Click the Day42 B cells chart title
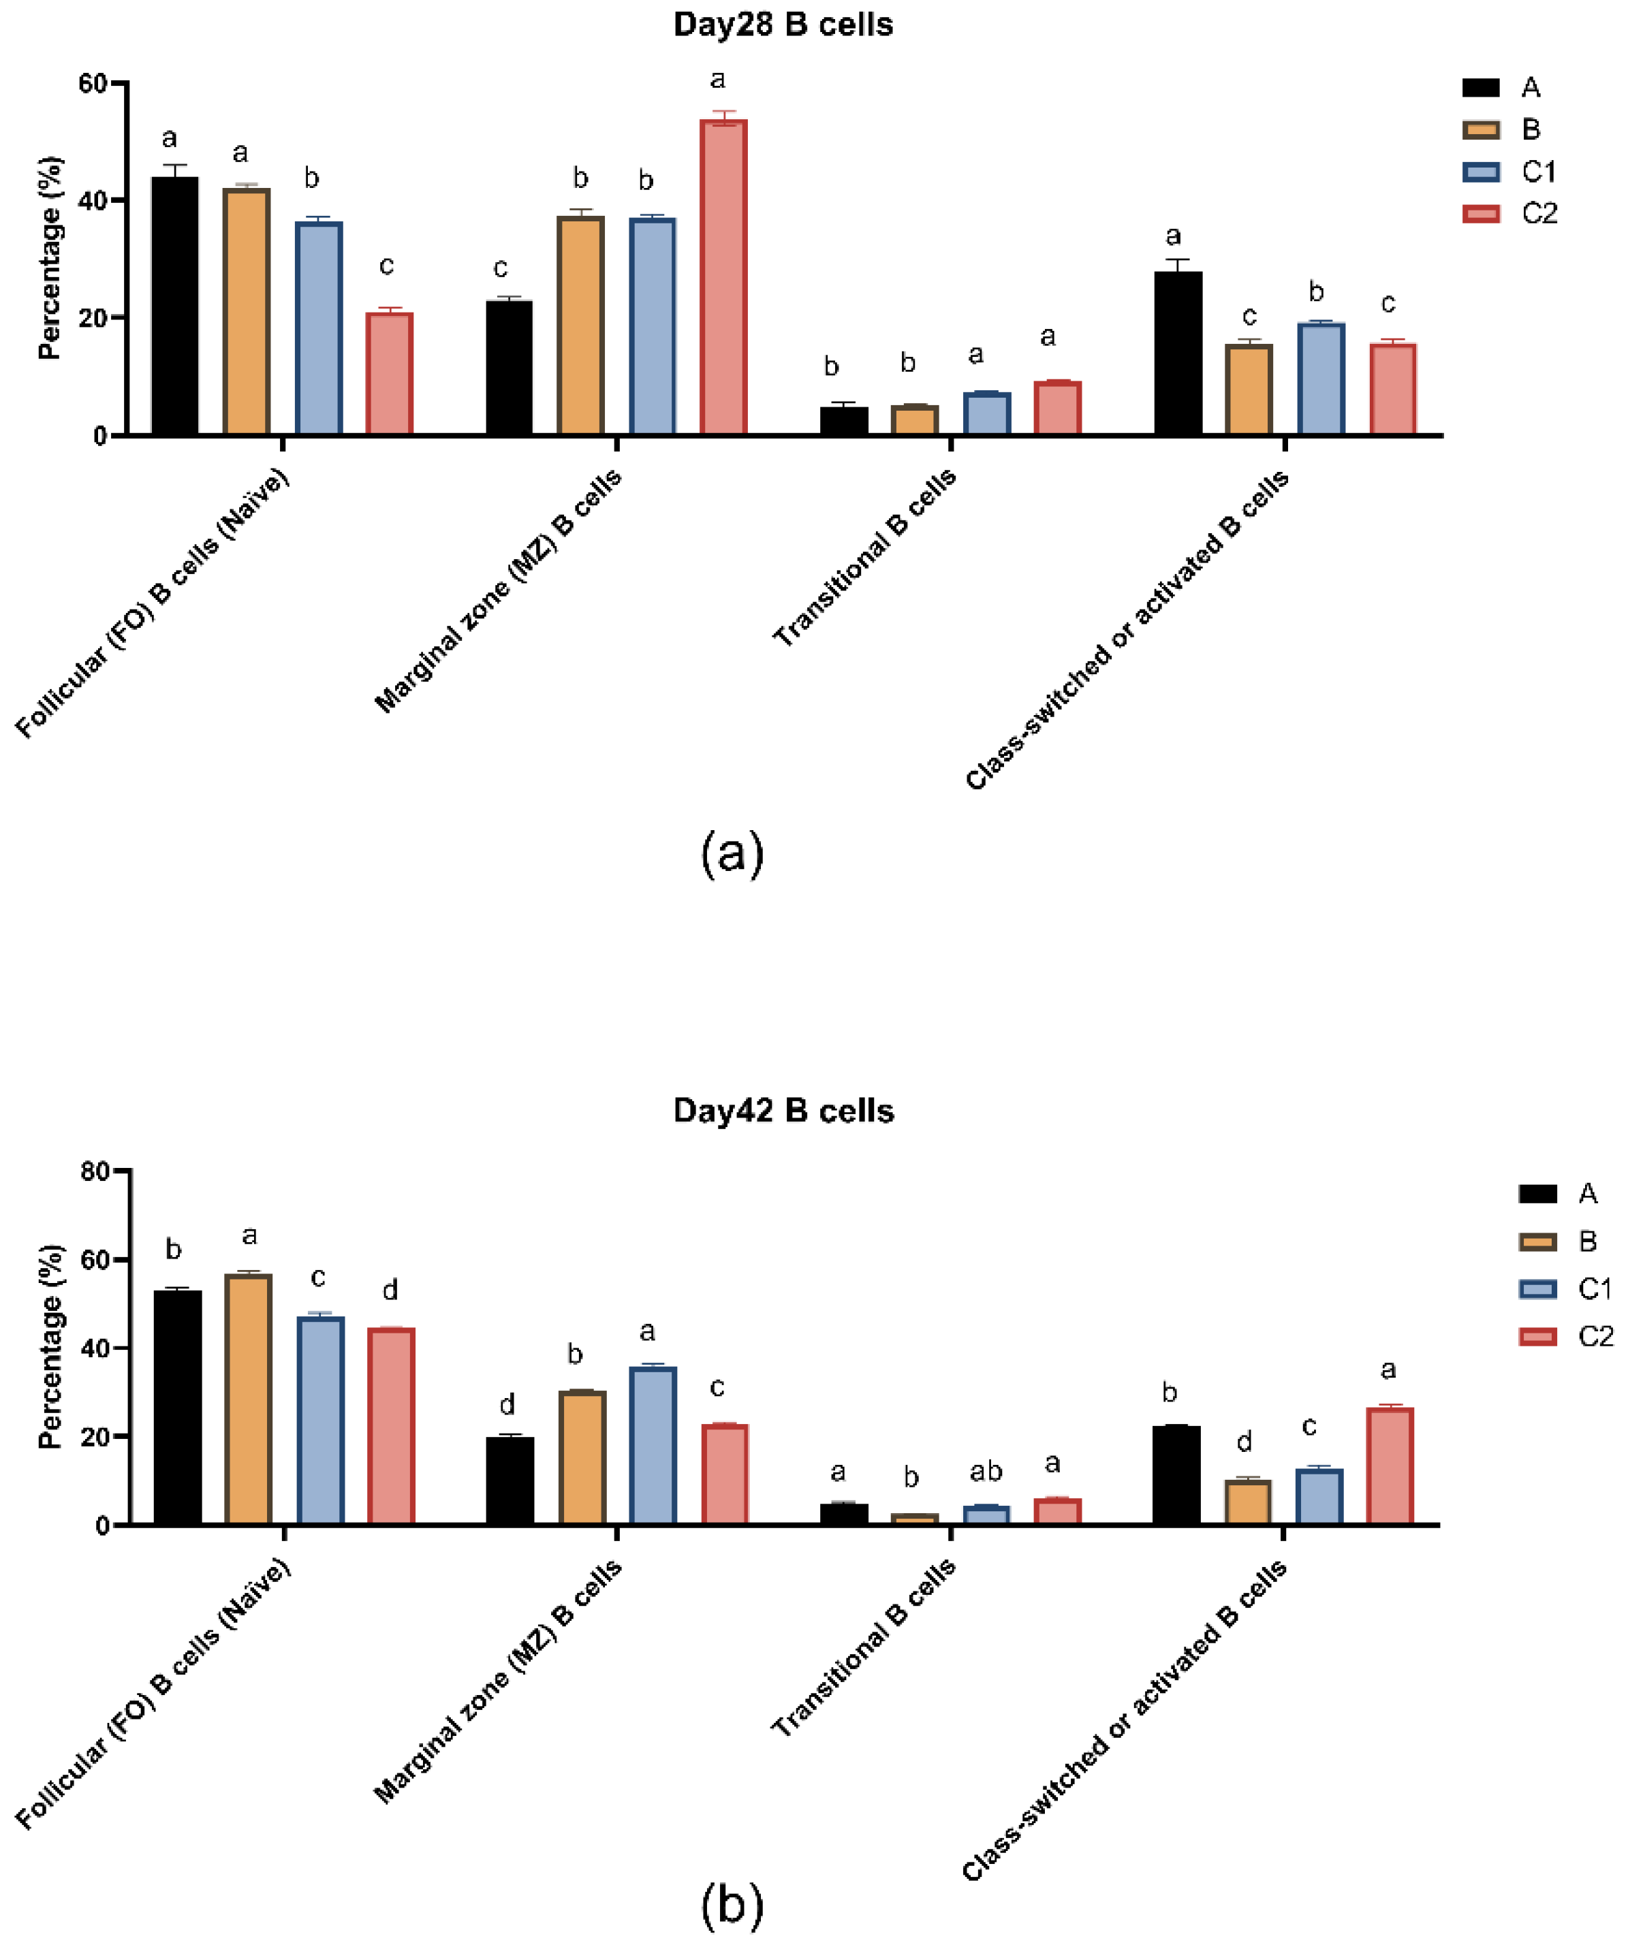pos(783,1111)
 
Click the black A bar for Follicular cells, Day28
pos(174,306)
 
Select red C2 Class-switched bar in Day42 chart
pos(1389,1465)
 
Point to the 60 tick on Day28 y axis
pos(93,84)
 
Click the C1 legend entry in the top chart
pos(1512,172)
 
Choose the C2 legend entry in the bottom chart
pos(1567,1336)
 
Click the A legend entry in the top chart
pos(1502,87)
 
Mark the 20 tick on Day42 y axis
pos(95,1437)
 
